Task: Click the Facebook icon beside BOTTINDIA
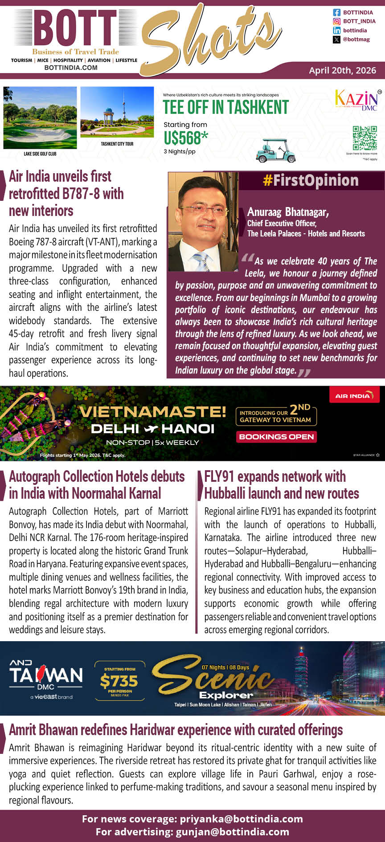[336, 12]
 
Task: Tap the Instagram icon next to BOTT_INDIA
[336, 21]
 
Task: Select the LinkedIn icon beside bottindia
[336, 30]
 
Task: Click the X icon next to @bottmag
[336, 40]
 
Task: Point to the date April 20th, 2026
[342, 70]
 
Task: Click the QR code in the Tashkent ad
[365, 138]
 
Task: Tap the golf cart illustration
[276, 151]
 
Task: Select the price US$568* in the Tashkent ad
[185, 138]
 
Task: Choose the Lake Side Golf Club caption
[40, 154]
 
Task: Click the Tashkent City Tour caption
[117, 144]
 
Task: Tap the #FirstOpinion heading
[311, 180]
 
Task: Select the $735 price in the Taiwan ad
[119, 681]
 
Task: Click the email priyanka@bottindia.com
[241, 819]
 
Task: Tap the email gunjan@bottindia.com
[232, 832]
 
